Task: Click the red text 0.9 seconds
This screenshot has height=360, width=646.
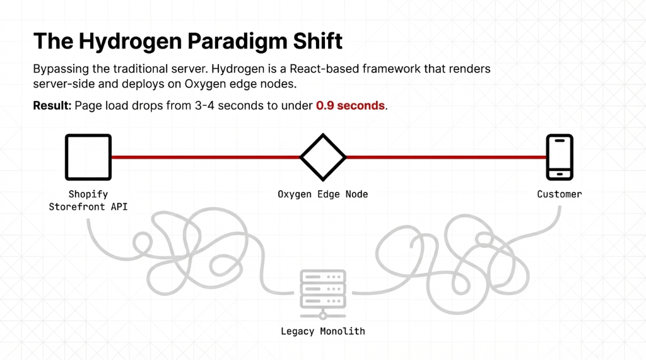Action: (350, 105)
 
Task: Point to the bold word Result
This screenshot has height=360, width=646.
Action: (52, 105)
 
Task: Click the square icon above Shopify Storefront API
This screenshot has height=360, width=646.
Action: (88, 156)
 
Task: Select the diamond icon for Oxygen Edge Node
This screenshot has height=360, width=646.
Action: (323, 156)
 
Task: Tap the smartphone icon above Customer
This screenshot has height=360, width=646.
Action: (560, 156)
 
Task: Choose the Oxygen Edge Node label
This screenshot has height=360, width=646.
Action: (323, 194)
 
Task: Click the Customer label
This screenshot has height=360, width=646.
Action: (560, 194)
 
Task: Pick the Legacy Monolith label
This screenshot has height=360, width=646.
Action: (323, 331)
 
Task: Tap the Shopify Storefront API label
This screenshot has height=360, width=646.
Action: (88, 200)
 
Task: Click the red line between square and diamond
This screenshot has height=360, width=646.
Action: (205, 156)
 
